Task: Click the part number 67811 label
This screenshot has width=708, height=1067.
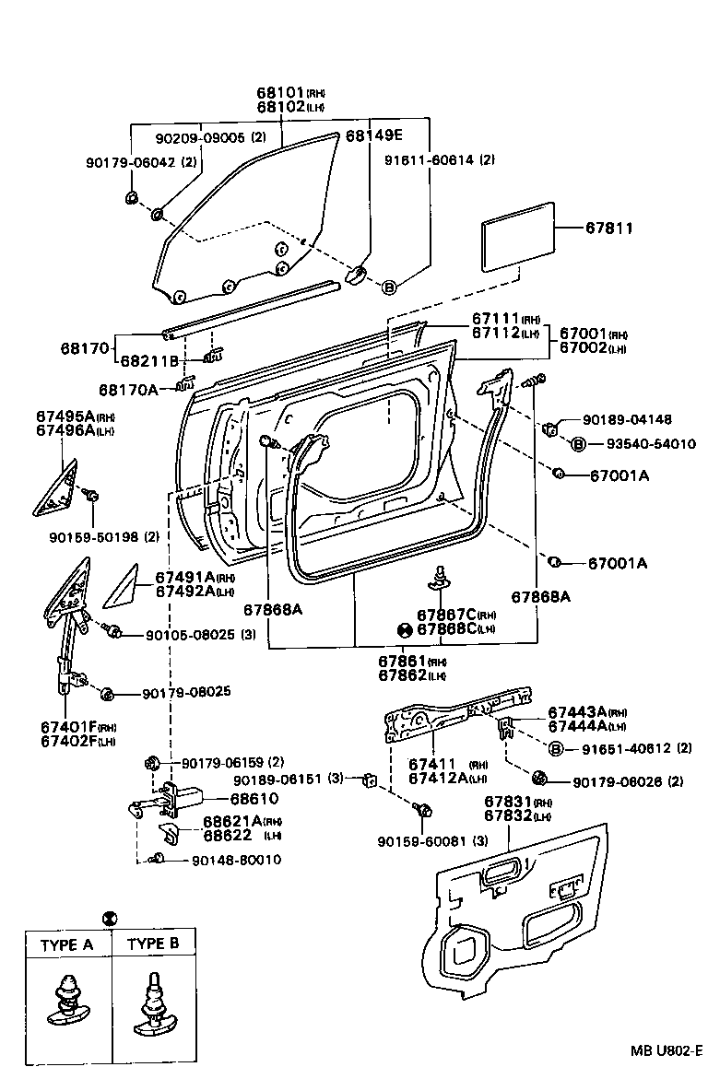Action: [608, 228]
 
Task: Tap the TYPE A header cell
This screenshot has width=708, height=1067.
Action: [67, 944]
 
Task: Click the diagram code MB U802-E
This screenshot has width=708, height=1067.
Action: [666, 1050]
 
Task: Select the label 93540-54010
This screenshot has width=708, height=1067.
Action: [651, 444]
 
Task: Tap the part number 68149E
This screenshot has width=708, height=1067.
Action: [374, 135]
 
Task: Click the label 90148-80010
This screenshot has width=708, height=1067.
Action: [237, 860]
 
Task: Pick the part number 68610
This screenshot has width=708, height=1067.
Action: [253, 799]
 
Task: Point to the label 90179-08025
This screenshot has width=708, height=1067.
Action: [185, 692]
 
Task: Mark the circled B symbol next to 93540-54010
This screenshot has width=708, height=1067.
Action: [579, 444]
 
